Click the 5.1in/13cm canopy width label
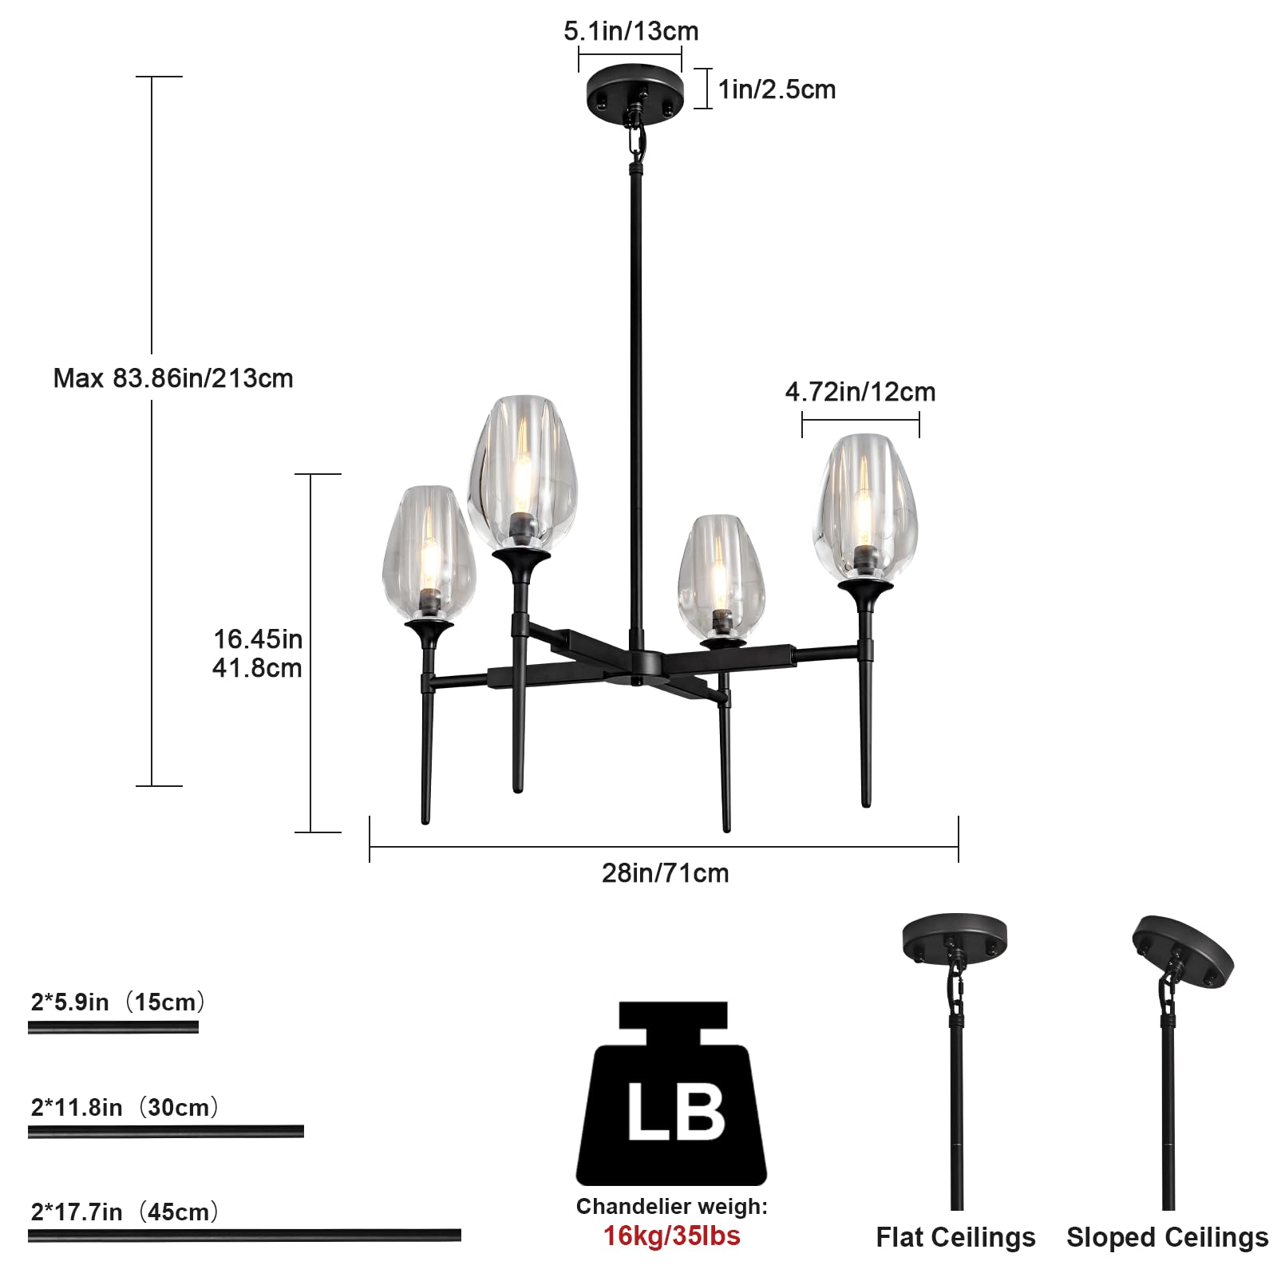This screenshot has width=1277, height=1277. point(631,31)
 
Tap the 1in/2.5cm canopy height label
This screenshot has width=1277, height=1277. point(777,89)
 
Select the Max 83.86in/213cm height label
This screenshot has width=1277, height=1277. point(173,378)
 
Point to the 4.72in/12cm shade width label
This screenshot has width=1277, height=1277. point(860,392)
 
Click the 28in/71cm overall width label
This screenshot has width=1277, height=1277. point(665,873)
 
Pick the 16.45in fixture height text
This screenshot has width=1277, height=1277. point(258,639)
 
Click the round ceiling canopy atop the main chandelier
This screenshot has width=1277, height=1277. point(635,91)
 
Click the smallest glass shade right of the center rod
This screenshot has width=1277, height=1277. point(721,575)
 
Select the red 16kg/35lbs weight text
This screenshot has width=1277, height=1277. point(671,1236)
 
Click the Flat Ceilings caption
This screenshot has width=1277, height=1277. point(955,1237)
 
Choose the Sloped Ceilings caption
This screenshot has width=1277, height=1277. point(1167,1237)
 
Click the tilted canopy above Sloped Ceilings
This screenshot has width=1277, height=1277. point(1184,951)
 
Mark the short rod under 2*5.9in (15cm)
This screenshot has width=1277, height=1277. point(113,1027)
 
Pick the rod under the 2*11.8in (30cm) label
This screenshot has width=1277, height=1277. point(166,1131)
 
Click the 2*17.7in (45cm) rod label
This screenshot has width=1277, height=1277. point(125,1212)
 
